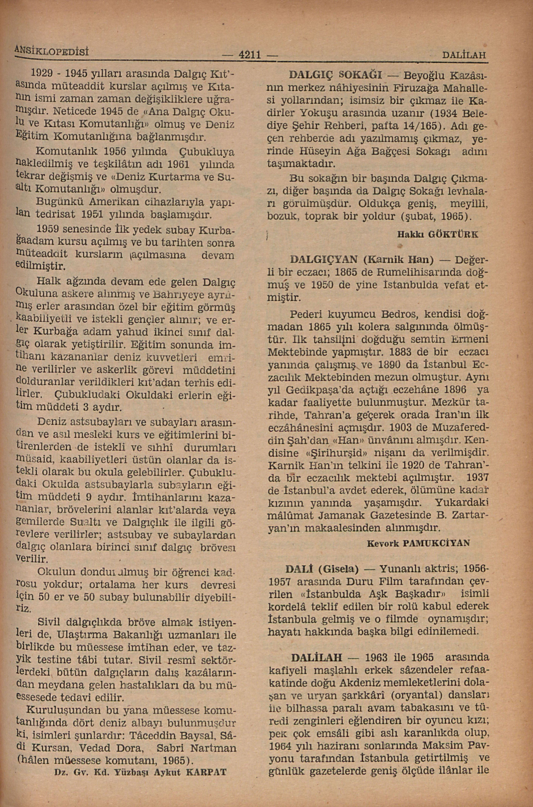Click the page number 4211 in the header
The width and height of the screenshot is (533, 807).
pos(249,54)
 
